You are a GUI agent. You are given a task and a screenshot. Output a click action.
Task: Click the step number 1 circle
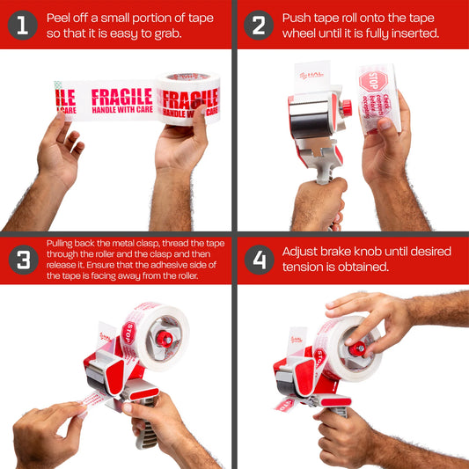[22, 25]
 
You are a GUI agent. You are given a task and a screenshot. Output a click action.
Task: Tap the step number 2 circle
[258, 25]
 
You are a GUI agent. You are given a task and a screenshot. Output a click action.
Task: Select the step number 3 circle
[22, 260]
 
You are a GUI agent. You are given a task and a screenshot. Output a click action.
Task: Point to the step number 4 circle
[258, 260]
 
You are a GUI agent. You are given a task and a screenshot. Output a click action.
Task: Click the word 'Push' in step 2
[297, 18]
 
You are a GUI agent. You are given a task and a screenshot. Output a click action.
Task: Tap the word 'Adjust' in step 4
[301, 252]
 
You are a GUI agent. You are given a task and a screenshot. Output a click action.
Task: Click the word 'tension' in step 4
[303, 267]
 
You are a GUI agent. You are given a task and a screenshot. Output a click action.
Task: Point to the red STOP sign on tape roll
[368, 82]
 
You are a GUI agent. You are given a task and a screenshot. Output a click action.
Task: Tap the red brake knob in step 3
[164, 338]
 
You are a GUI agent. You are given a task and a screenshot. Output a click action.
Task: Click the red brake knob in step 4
[358, 348]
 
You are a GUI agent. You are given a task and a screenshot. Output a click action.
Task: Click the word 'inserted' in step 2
[412, 33]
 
